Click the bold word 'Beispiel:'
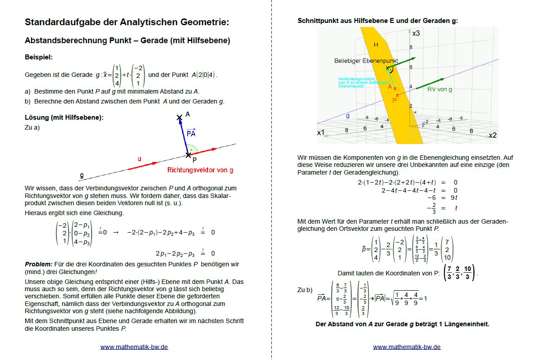pyautogui.click(x=39, y=57)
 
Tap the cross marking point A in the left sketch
pyautogui.click(x=180, y=117)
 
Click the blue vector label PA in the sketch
pyautogui.click(x=191, y=133)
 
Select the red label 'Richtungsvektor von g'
pyautogui.click(x=200, y=170)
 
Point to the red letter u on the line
pyautogui.click(x=139, y=159)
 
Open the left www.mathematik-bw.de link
pyautogui.click(x=134, y=347)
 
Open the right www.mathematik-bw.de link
pyautogui.click(x=407, y=347)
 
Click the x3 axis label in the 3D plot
pyautogui.click(x=416, y=33)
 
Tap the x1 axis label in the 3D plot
pyautogui.click(x=321, y=133)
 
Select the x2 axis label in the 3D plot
pyautogui.click(x=492, y=135)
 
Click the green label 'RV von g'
pyautogui.click(x=440, y=90)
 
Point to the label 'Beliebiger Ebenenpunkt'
pyautogui.click(x=366, y=60)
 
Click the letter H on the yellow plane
pyautogui.click(x=376, y=45)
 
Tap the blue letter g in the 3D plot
pyautogui.click(x=347, y=116)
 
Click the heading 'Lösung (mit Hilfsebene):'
pyautogui.click(x=64, y=117)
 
